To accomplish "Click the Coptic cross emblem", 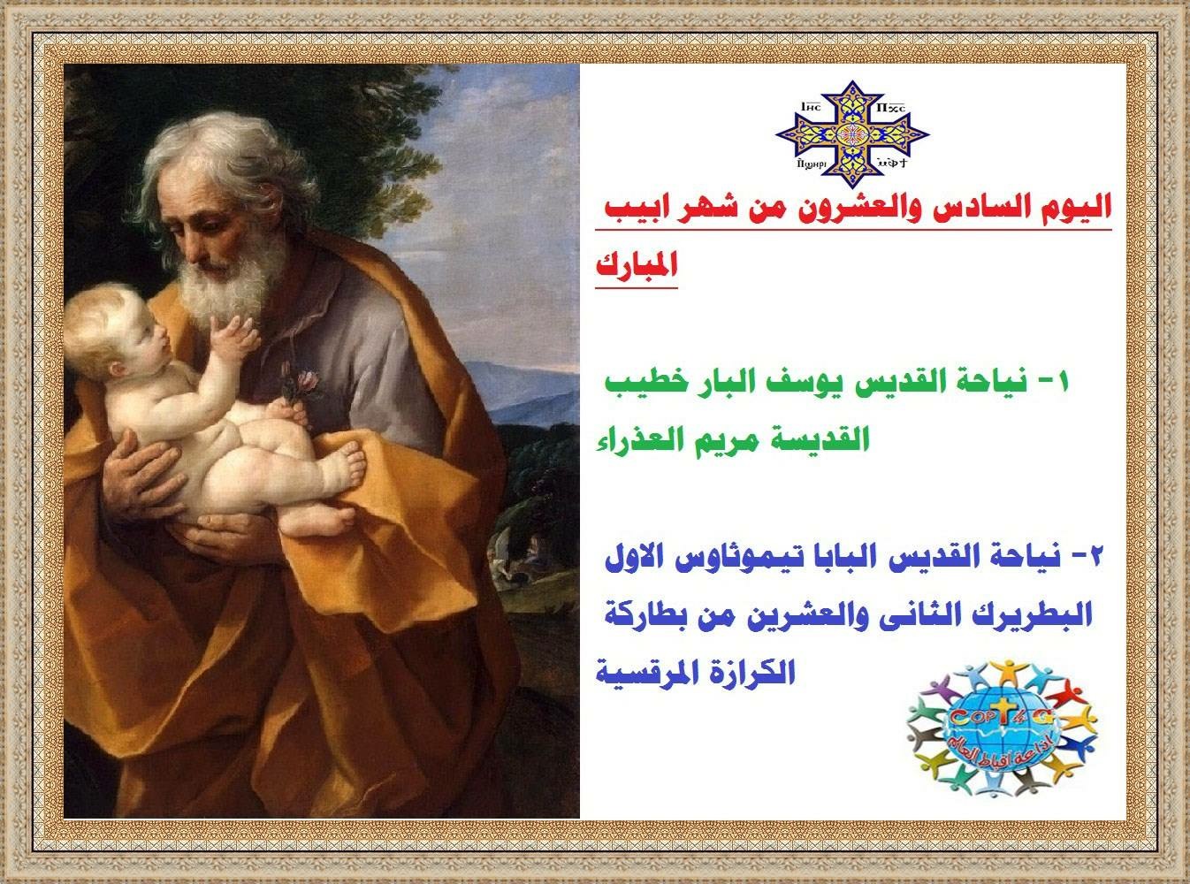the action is click(852, 134).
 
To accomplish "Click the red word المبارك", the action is click(637, 265).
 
